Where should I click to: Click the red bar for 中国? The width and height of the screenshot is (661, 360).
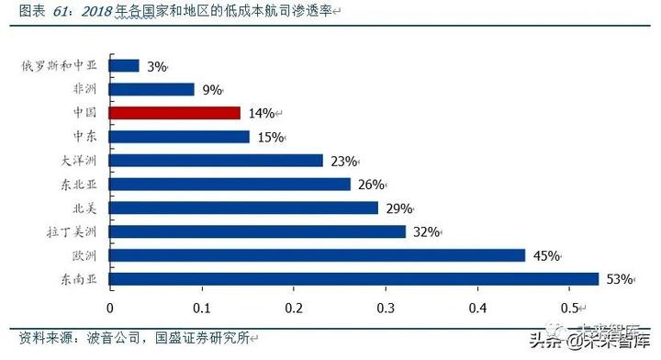coord(174,113)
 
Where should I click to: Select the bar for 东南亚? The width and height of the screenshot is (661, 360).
coord(353,278)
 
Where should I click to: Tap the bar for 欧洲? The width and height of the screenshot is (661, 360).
coord(317,255)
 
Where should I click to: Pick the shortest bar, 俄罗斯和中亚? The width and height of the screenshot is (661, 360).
coord(124,66)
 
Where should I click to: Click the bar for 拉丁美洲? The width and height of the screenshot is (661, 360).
coord(257,231)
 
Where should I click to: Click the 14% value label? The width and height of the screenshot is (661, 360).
coord(262,114)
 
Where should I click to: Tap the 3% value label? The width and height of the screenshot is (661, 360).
coord(156,67)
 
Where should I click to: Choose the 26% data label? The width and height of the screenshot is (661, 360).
coord(370,185)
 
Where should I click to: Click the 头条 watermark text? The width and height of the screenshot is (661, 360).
coord(539,342)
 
